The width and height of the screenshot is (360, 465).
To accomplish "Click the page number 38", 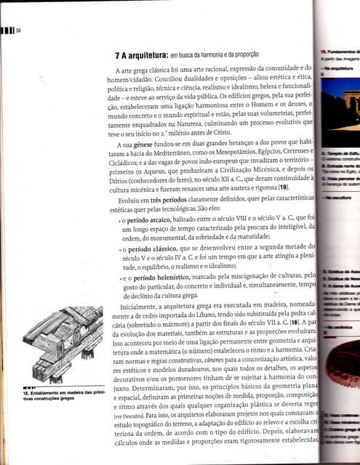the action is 18,30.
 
